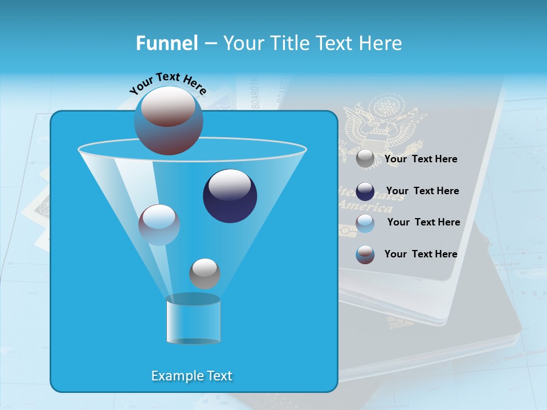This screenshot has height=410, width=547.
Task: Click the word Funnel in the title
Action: point(167,43)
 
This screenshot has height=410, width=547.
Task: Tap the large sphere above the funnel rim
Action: point(168,120)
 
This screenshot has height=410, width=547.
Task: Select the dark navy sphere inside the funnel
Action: point(230,196)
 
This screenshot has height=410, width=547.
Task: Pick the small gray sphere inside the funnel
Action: point(205,273)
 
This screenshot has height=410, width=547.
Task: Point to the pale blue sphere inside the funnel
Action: point(159,224)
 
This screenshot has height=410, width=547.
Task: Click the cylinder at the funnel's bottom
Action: point(193,319)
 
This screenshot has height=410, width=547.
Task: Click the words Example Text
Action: point(192,376)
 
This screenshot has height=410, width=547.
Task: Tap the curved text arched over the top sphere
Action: point(168,84)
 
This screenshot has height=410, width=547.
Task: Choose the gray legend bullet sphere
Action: point(365,159)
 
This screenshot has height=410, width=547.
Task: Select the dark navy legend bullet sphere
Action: point(365,191)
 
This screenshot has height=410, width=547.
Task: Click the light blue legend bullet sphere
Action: point(365,223)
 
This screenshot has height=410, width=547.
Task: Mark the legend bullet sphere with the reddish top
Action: point(365,255)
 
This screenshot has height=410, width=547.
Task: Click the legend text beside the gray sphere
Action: point(421,159)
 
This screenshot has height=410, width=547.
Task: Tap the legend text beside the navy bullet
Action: point(422,191)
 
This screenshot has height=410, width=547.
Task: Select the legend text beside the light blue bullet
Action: point(423,222)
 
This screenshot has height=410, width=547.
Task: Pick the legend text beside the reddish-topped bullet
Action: point(421,254)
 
